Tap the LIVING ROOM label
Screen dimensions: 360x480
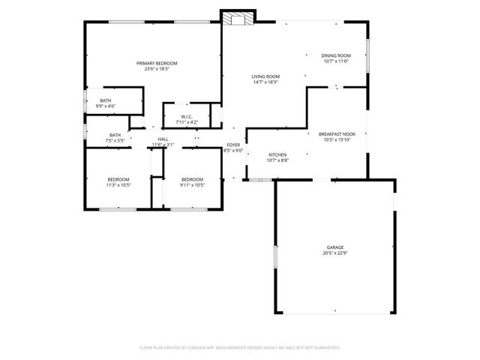point(265,76)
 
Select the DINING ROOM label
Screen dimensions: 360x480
point(336,56)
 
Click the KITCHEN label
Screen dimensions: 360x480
point(277,154)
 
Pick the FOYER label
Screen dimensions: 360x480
point(233,145)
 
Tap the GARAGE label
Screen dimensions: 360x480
point(334,247)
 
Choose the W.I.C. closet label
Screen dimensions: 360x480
point(186,117)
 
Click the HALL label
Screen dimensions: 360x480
point(163,139)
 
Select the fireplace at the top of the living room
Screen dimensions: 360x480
point(238,19)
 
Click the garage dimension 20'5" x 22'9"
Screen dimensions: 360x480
point(334,253)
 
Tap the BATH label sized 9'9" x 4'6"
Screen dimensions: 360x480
point(106,100)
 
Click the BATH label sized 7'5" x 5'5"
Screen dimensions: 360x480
point(115,135)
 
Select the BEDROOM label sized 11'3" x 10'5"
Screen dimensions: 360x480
point(118,179)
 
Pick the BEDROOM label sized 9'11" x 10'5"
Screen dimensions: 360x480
point(193,179)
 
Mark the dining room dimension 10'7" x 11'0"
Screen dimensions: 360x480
point(336,61)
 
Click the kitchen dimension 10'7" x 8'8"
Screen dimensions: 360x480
point(277,160)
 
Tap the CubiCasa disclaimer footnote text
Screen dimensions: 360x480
point(240,348)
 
